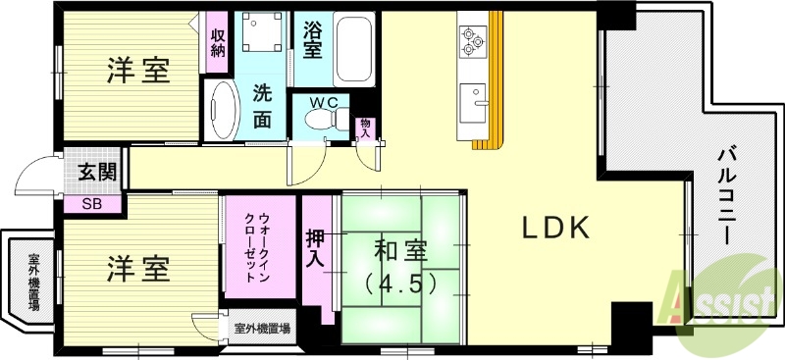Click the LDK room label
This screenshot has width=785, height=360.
(x=553, y=229)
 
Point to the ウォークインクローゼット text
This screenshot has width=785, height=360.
(x=257, y=245)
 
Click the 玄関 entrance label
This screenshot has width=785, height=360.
(x=97, y=173)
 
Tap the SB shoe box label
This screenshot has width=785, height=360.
(x=90, y=204)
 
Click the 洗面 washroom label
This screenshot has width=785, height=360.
(x=261, y=107)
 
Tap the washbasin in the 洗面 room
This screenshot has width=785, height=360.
(x=223, y=110)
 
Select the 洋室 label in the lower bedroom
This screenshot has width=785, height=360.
(x=137, y=268)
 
